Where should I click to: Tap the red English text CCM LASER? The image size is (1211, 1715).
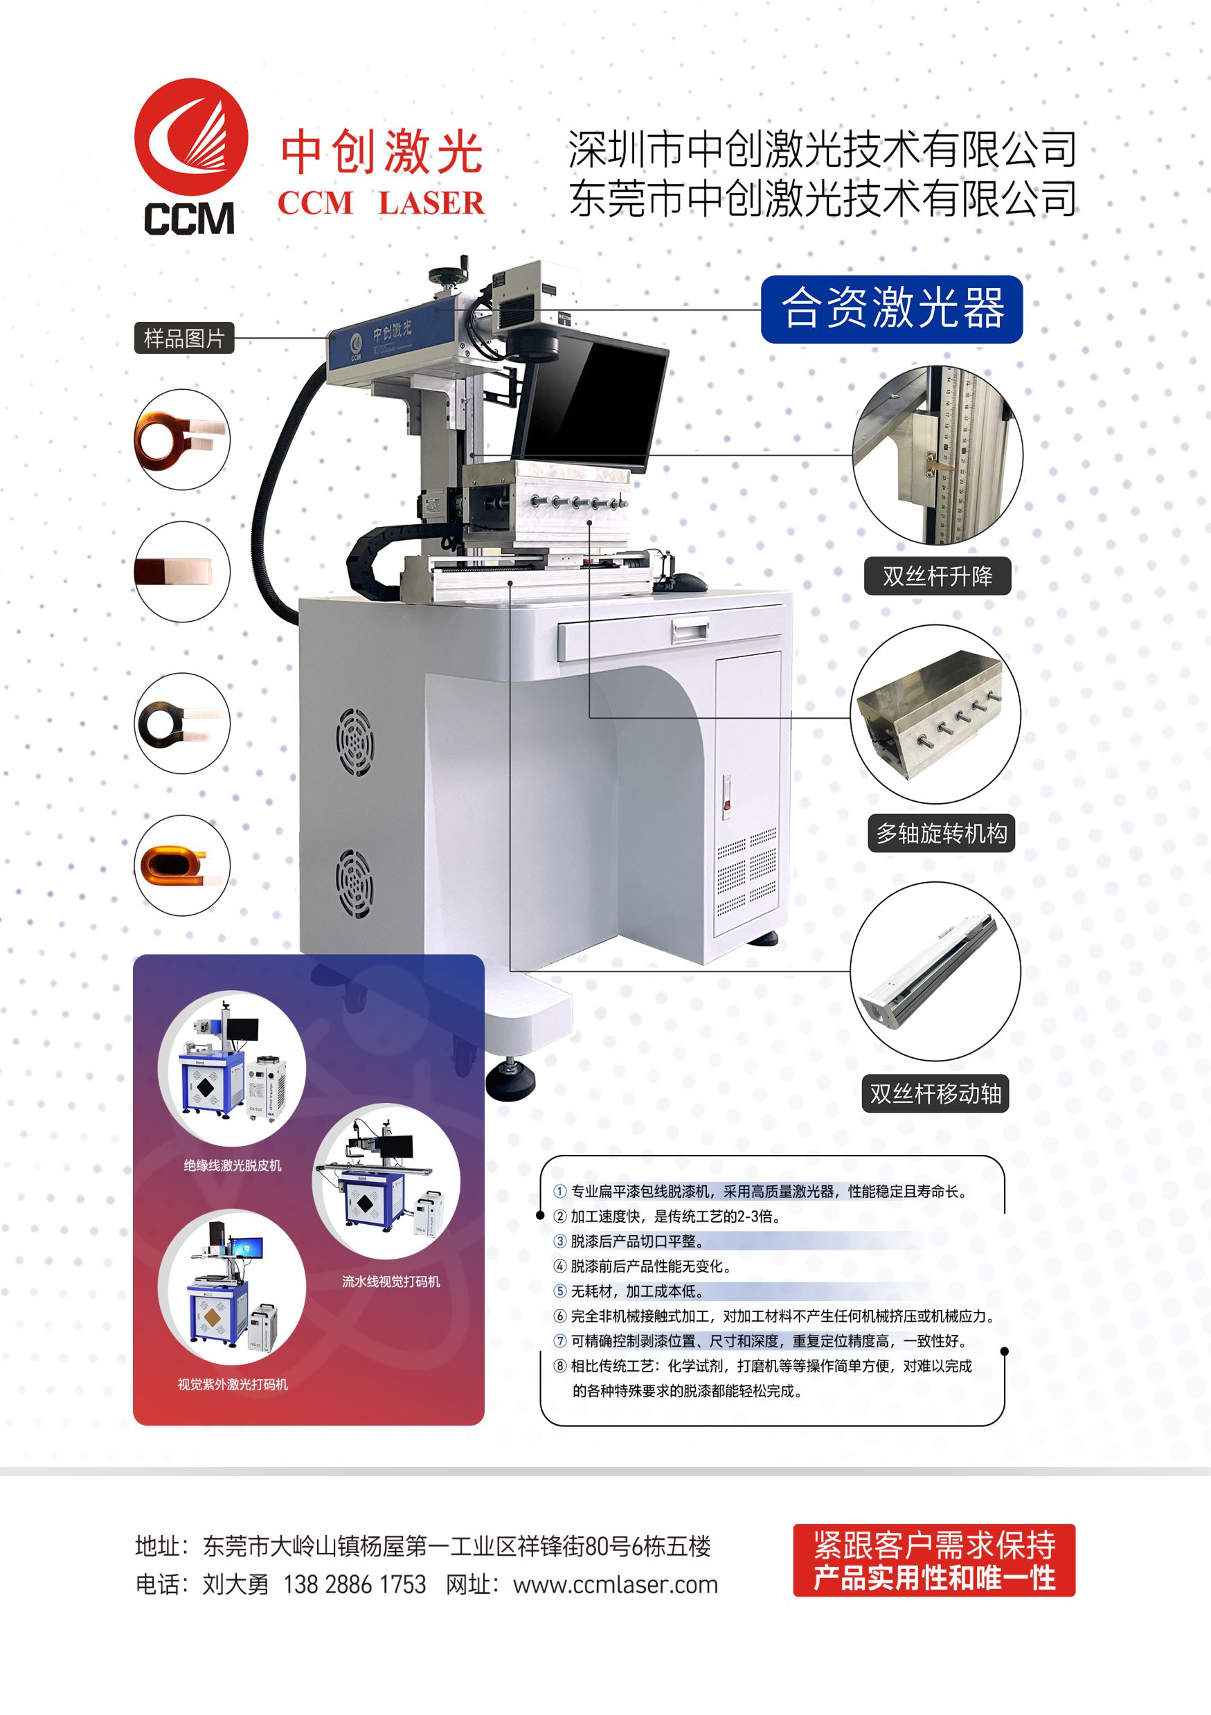[x=381, y=203]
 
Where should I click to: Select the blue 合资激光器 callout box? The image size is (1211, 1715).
[x=891, y=309]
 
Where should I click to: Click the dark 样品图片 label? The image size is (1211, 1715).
[x=183, y=339]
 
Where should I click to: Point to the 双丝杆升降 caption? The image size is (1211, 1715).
[x=937, y=576]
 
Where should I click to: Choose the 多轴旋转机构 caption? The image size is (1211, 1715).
[x=941, y=833]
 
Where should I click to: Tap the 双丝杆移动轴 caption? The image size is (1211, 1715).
[x=935, y=1093]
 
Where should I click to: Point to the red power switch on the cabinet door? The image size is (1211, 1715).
[x=726, y=797]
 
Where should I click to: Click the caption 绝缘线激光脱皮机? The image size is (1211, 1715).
[x=233, y=1165]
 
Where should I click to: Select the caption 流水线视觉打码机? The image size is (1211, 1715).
[x=391, y=1282]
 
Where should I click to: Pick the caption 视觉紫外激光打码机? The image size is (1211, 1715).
[x=233, y=1384]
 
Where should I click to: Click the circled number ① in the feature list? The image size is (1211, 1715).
[x=559, y=1192]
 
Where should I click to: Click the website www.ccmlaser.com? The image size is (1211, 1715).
[x=616, y=1585]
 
